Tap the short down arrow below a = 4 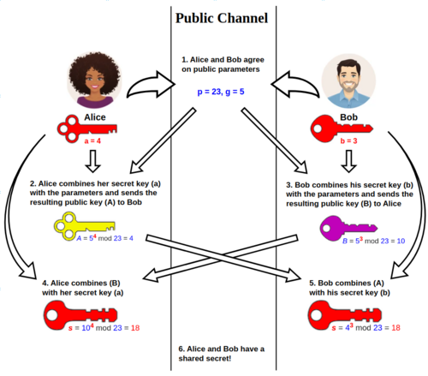pyautogui.click(x=93, y=164)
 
